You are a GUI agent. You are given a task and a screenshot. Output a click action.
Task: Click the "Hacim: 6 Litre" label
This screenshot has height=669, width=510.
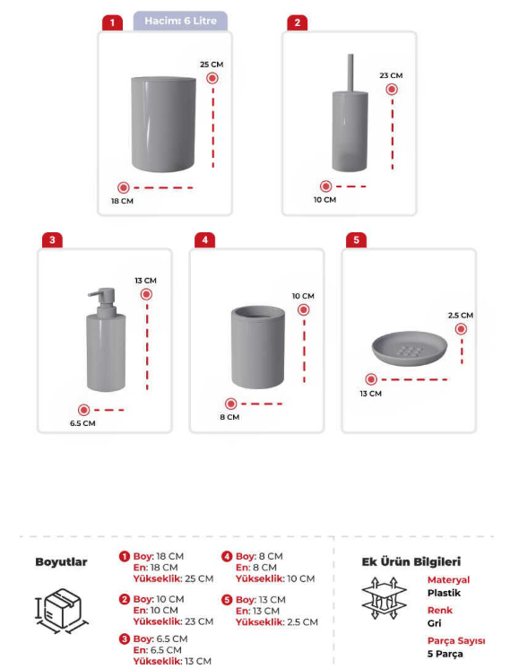(x=180, y=21)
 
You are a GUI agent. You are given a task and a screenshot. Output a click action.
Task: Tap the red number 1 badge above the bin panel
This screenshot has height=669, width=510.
(x=112, y=22)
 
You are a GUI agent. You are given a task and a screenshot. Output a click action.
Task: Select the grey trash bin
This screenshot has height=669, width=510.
(x=163, y=124)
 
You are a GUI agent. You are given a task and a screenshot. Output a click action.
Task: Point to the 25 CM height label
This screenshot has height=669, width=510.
(x=212, y=65)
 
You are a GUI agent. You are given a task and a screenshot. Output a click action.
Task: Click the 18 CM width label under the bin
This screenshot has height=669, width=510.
(x=122, y=201)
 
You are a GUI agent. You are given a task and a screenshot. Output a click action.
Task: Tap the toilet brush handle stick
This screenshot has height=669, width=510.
(x=350, y=73)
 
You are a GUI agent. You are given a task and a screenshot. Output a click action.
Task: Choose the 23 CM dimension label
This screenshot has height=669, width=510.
(x=391, y=75)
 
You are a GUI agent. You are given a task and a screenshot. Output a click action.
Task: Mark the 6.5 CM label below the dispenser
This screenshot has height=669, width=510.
(x=82, y=423)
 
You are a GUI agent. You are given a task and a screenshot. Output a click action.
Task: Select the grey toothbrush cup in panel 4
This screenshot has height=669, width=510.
(x=257, y=347)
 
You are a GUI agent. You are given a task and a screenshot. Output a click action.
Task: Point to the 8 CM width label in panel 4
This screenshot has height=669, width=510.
(x=229, y=417)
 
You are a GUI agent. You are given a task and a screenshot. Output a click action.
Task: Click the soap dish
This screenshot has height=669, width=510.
(x=410, y=348)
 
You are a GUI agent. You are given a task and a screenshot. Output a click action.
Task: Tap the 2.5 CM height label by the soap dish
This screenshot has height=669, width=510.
(x=460, y=316)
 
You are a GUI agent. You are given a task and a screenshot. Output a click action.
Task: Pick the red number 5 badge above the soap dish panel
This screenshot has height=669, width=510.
(x=356, y=240)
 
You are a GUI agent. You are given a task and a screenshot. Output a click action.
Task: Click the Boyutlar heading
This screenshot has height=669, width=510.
(x=61, y=562)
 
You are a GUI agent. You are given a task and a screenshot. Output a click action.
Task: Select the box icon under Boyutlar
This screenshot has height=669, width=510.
(x=62, y=611)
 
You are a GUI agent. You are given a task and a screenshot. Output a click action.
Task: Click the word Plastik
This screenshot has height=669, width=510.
(x=444, y=593)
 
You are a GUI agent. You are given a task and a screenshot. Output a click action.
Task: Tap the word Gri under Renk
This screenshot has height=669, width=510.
(x=434, y=623)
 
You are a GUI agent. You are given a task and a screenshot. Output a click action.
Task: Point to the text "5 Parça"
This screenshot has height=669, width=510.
(x=445, y=654)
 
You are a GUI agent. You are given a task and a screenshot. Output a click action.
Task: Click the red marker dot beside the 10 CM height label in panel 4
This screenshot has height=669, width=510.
(x=304, y=309)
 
